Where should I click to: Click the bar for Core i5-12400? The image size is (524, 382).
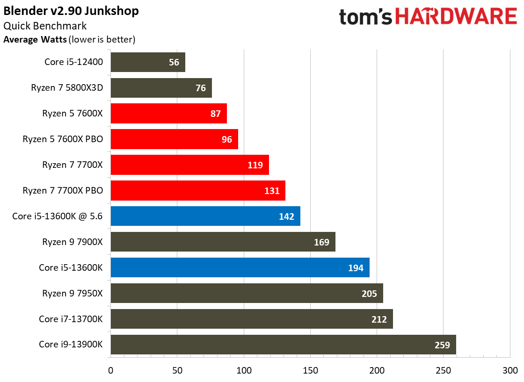coord(148,62)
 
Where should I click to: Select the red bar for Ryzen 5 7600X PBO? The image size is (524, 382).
coord(175,139)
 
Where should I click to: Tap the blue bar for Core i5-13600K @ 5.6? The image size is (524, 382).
coord(205,216)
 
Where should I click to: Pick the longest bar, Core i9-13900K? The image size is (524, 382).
coord(284,345)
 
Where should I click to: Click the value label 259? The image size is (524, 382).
coord(442,345)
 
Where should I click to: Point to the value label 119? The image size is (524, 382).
coord(255,165)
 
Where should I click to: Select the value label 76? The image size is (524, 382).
coord(201,88)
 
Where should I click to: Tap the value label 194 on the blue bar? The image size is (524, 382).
coord(356,268)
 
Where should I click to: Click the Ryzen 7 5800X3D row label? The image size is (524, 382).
coord(67,88)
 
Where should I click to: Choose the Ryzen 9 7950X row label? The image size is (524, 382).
coord(72,294)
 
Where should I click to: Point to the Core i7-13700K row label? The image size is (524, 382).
coord(71,319)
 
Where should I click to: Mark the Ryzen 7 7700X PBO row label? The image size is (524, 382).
coord(63,191)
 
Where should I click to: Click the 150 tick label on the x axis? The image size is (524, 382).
coord(311,370)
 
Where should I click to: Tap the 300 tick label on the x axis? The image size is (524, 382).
coord(510,370)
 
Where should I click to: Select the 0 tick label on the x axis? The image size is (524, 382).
coord(110,370)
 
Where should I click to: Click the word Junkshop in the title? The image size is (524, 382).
coord(111,11)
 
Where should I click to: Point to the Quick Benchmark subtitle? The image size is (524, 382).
coord(45,26)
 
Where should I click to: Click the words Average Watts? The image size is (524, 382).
coord(35,39)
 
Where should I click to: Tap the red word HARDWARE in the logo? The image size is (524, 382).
coord(456,16)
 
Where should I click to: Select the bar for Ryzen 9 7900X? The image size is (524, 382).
coord(223,242)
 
